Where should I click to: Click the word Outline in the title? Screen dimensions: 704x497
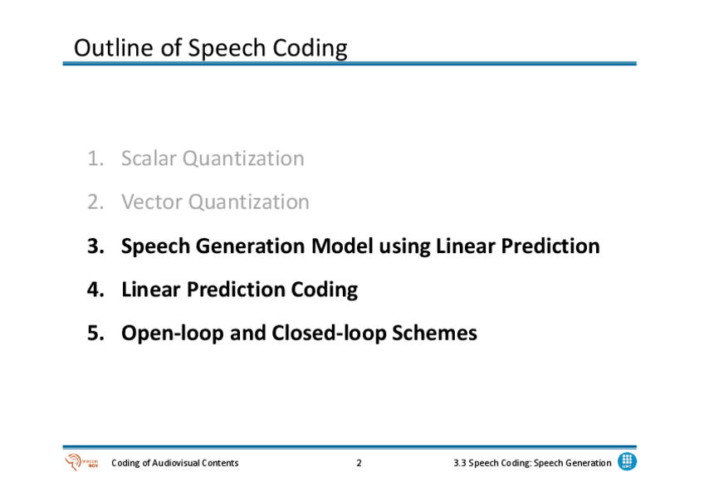[114, 47]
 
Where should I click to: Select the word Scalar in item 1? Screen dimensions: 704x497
[149, 158]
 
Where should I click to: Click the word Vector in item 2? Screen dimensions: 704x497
[151, 202]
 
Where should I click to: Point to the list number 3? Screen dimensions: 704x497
[95, 246]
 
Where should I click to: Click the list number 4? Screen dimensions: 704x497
[95, 290]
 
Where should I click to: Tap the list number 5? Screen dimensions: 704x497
[95, 333]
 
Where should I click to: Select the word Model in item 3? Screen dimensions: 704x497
[342, 246]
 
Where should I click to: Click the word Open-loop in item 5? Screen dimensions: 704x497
[173, 334]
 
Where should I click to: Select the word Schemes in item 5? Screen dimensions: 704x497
[435, 333]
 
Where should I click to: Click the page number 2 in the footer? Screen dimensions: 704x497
[359, 463]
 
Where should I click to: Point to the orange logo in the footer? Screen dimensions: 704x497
[81, 462]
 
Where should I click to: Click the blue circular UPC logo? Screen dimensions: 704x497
[627, 461]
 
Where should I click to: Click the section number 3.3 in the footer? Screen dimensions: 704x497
[460, 463]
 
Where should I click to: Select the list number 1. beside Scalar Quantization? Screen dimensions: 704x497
[95, 158]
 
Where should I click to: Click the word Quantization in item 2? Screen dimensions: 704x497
[249, 202]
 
